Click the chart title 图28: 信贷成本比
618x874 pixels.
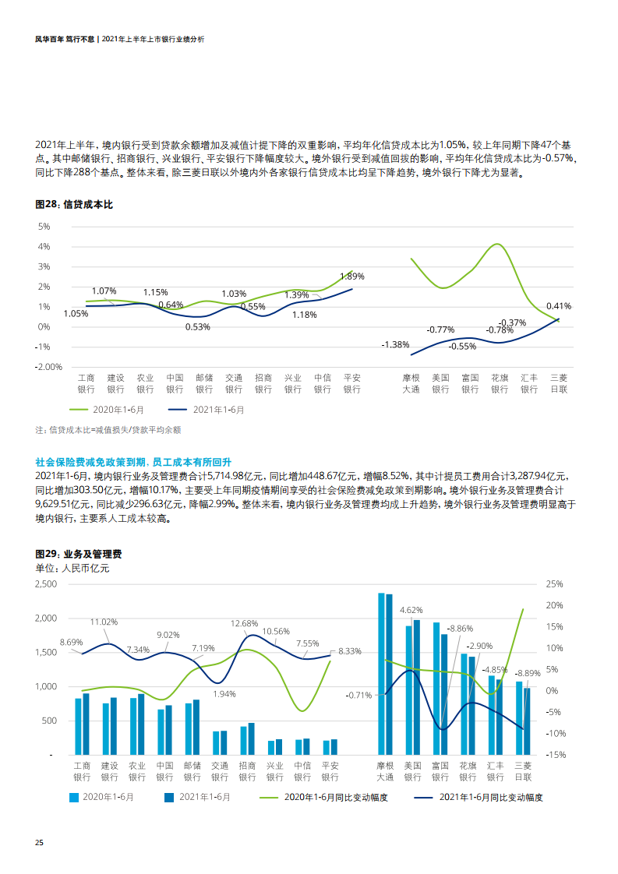[75, 204]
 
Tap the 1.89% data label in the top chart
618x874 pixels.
[352, 276]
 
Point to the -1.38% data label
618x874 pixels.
[395, 344]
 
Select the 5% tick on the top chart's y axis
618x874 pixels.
[44, 226]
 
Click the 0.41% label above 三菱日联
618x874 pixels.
[559, 306]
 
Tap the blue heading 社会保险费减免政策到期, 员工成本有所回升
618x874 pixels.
[134, 462]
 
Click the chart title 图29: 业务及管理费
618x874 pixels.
[79, 554]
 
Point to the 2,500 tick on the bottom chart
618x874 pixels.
[46, 583]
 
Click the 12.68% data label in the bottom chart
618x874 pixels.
[244, 623]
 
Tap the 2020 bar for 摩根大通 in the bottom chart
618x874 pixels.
[381, 674]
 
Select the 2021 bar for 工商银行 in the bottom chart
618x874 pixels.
[86, 724]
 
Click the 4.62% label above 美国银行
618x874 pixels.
[411, 610]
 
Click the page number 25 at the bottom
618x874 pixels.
[39, 844]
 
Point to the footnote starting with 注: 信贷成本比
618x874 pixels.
[108, 429]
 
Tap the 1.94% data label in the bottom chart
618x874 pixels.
[224, 693]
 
